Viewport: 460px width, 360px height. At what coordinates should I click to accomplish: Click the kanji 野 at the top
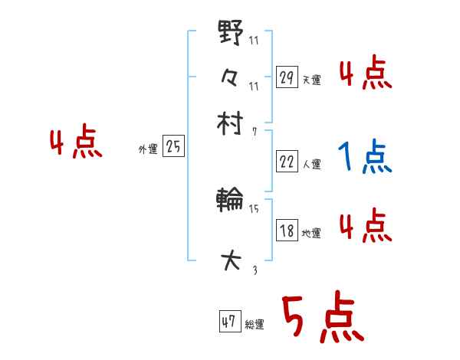pos(230,34)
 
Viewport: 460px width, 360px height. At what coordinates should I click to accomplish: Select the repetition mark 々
pos(230,77)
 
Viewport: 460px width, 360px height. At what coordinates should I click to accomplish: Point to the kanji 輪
pos(230,202)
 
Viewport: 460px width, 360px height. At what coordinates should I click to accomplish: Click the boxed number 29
pos(286,77)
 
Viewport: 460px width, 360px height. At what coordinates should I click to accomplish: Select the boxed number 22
pos(286,162)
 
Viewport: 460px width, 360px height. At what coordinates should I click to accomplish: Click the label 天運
pos(311,80)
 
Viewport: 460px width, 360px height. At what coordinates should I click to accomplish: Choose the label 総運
pos(255,325)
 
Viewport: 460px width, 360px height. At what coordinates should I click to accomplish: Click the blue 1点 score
pos(365,157)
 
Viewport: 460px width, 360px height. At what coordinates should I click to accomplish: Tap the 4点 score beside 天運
pos(365,74)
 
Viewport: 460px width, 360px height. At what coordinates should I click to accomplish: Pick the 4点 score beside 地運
pos(365,227)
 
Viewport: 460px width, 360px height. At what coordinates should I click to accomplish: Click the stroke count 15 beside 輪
pos(254,208)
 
